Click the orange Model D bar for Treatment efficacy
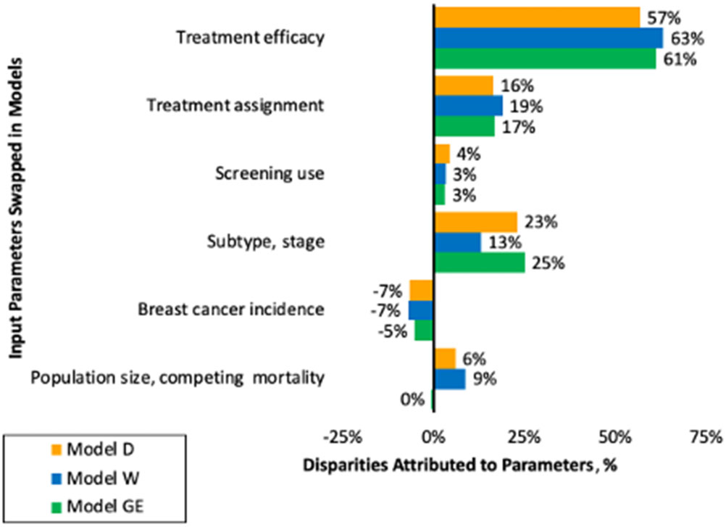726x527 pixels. point(536,17)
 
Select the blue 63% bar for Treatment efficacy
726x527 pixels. point(548,38)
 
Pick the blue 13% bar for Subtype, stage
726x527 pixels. point(457,243)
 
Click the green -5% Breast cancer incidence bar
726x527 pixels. point(424,331)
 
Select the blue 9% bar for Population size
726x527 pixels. point(449,379)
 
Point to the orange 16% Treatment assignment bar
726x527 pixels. point(463,86)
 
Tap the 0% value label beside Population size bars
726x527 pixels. point(413,399)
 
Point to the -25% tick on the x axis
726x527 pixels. point(341,437)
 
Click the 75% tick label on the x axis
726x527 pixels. point(705,437)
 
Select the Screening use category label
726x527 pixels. point(270,174)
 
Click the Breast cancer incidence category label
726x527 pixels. point(230,310)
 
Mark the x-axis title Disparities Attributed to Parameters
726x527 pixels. point(459,464)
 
